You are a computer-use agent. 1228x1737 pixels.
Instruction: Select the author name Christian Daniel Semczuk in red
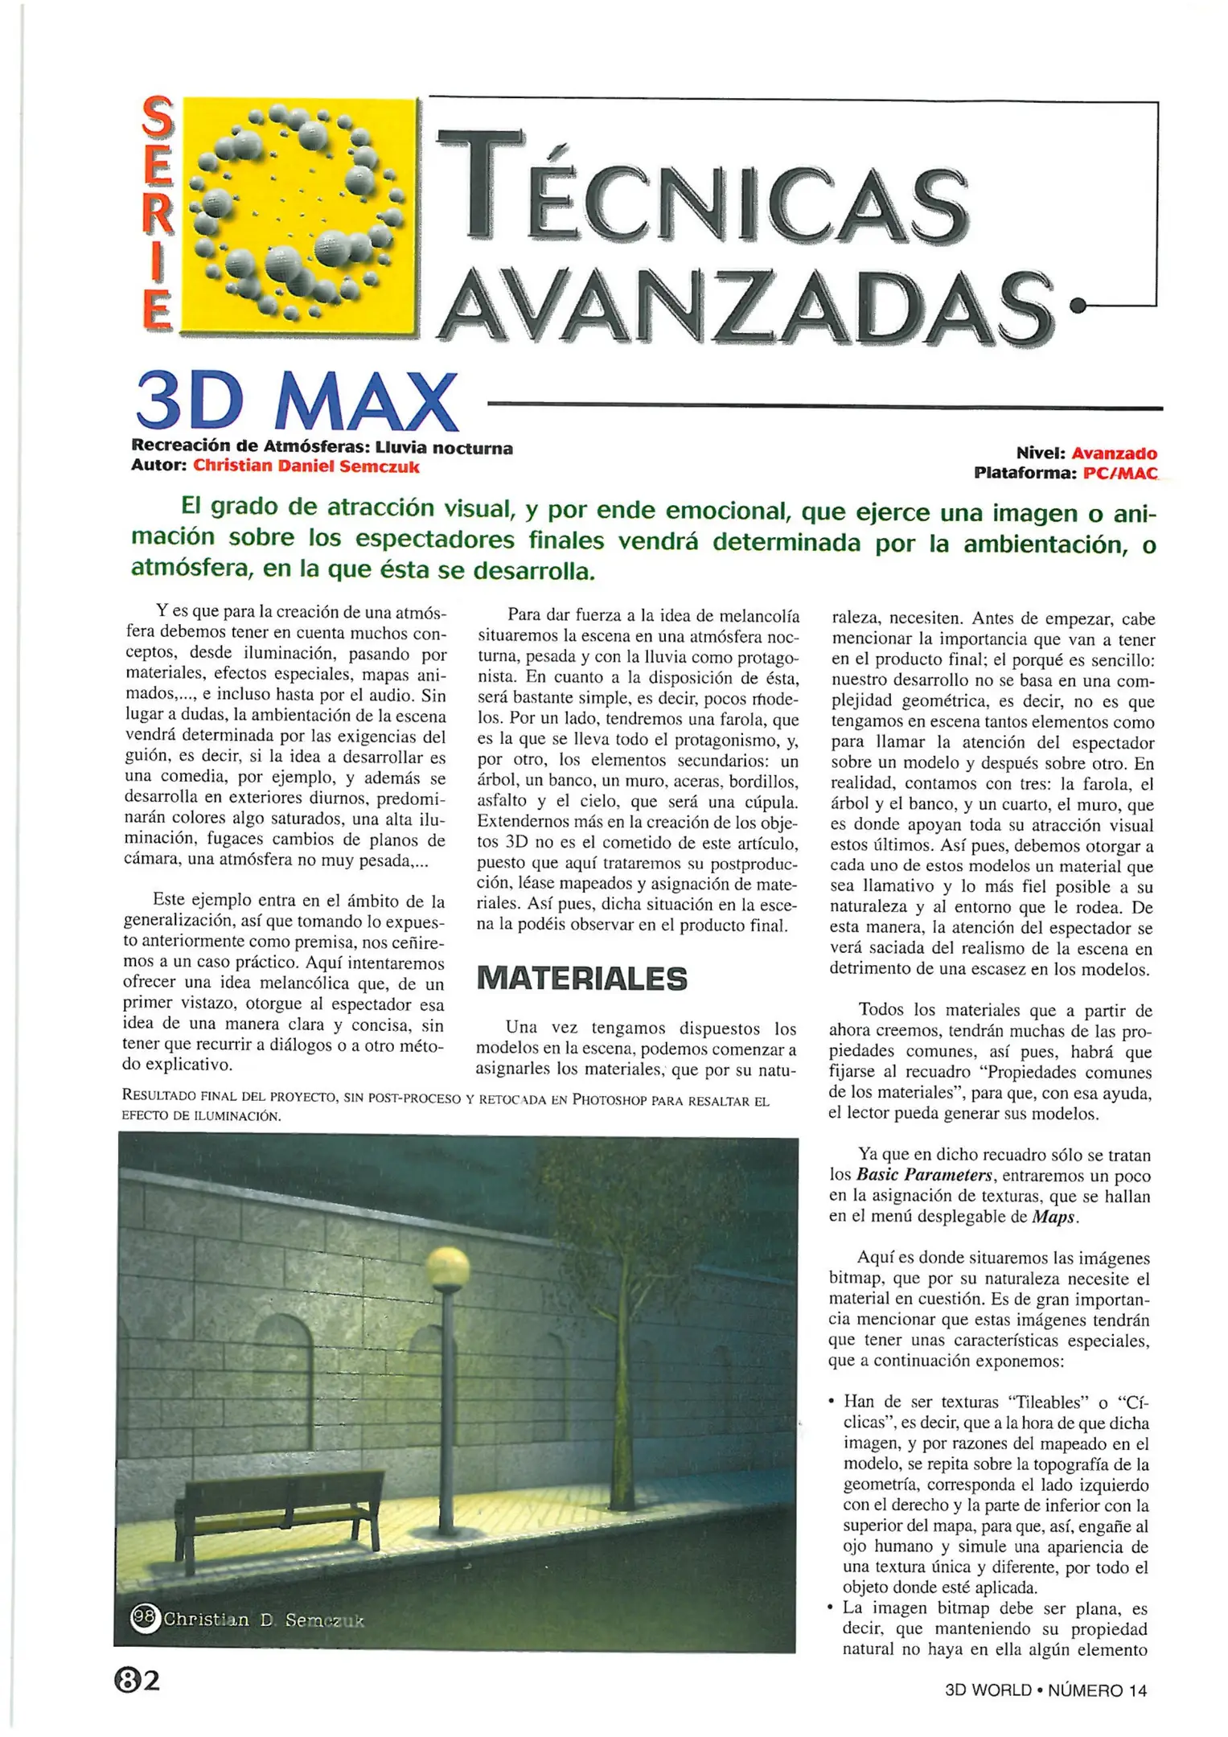point(306,466)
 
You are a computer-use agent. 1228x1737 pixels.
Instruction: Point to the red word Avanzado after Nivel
point(1113,454)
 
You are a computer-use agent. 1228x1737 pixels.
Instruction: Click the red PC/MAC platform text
point(1119,473)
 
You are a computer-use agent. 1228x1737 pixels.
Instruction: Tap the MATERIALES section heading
point(581,979)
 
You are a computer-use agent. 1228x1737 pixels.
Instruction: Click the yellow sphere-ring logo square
point(299,215)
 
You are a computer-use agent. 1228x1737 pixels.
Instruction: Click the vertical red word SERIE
point(158,213)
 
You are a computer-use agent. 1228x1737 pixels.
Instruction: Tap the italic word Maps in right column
point(1053,1217)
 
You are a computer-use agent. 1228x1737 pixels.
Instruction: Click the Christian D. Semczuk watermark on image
point(249,1619)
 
